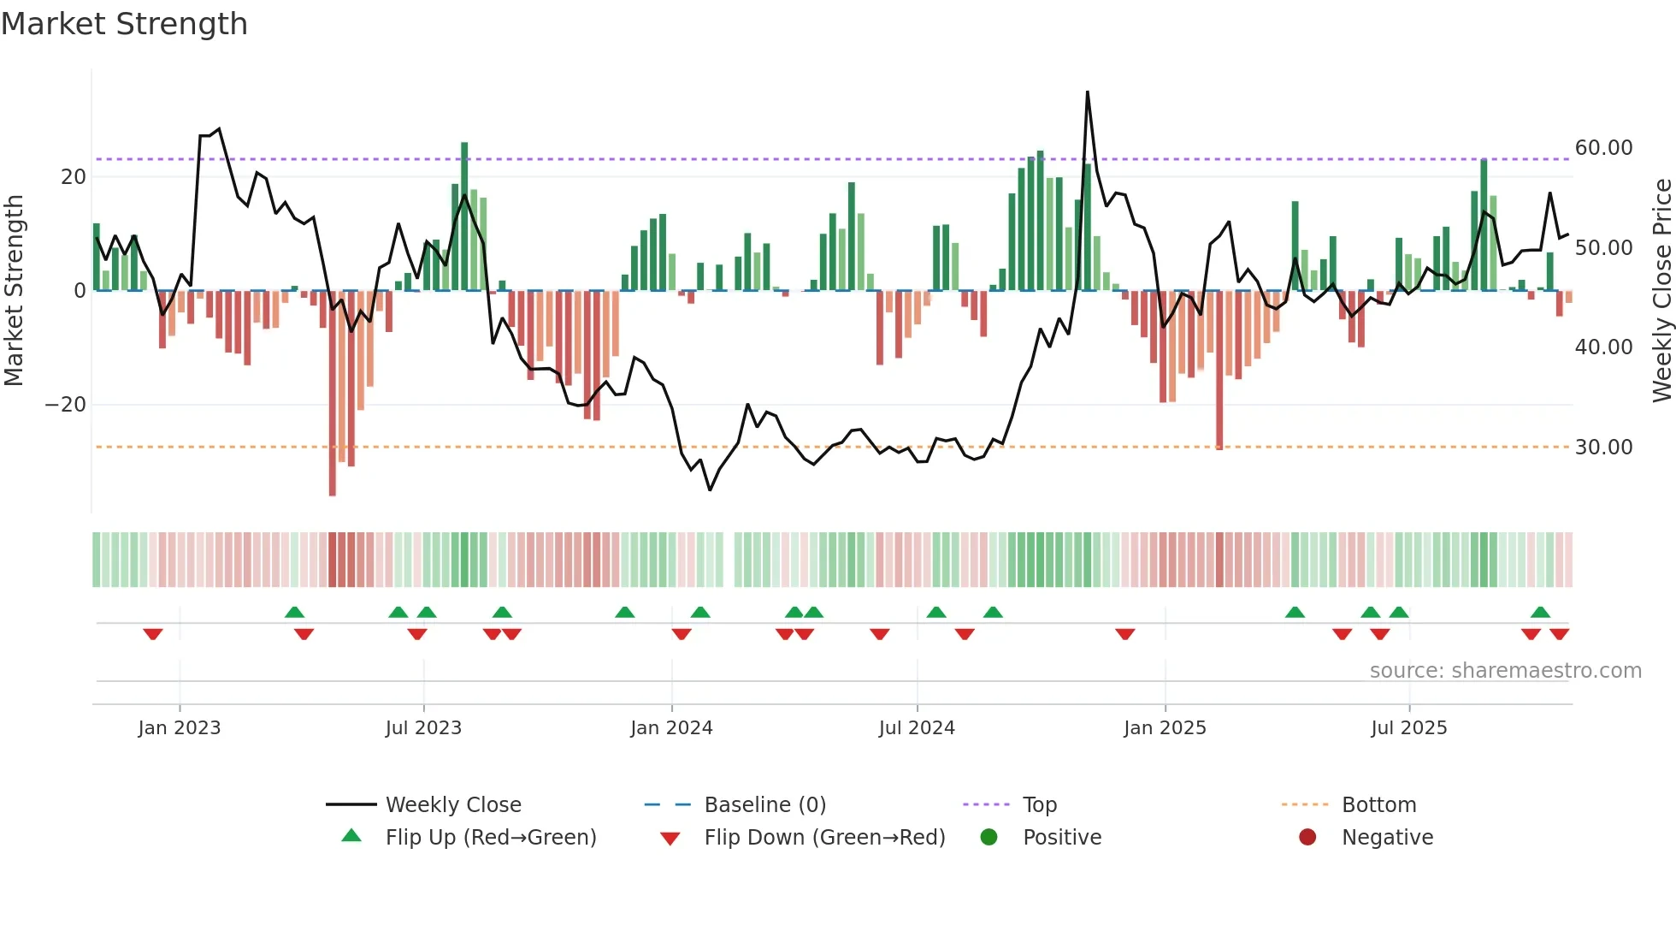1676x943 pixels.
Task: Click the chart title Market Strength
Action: [x=124, y=24]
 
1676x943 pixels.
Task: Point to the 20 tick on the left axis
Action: [x=74, y=177]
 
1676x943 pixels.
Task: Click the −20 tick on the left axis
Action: [x=66, y=405]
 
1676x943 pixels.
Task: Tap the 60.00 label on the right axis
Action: [x=1603, y=148]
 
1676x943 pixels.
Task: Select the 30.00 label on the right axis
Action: [x=1603, y=448]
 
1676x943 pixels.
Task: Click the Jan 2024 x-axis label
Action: [x=671, y=728]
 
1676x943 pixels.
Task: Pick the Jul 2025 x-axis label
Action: [x=1408, y=728]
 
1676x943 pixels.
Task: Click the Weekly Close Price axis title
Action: [x=1661, y=290]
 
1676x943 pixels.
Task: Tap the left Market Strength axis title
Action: [x=14, y=290]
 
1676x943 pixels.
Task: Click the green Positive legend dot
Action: [x=988, y=838]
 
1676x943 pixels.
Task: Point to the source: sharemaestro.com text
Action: [x=1505, y=671]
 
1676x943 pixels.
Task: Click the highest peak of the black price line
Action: [x=1088, y=92]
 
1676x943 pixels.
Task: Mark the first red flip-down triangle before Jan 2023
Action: [x=153, y=634]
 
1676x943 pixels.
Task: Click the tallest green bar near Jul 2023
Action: [x=464, y=214]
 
